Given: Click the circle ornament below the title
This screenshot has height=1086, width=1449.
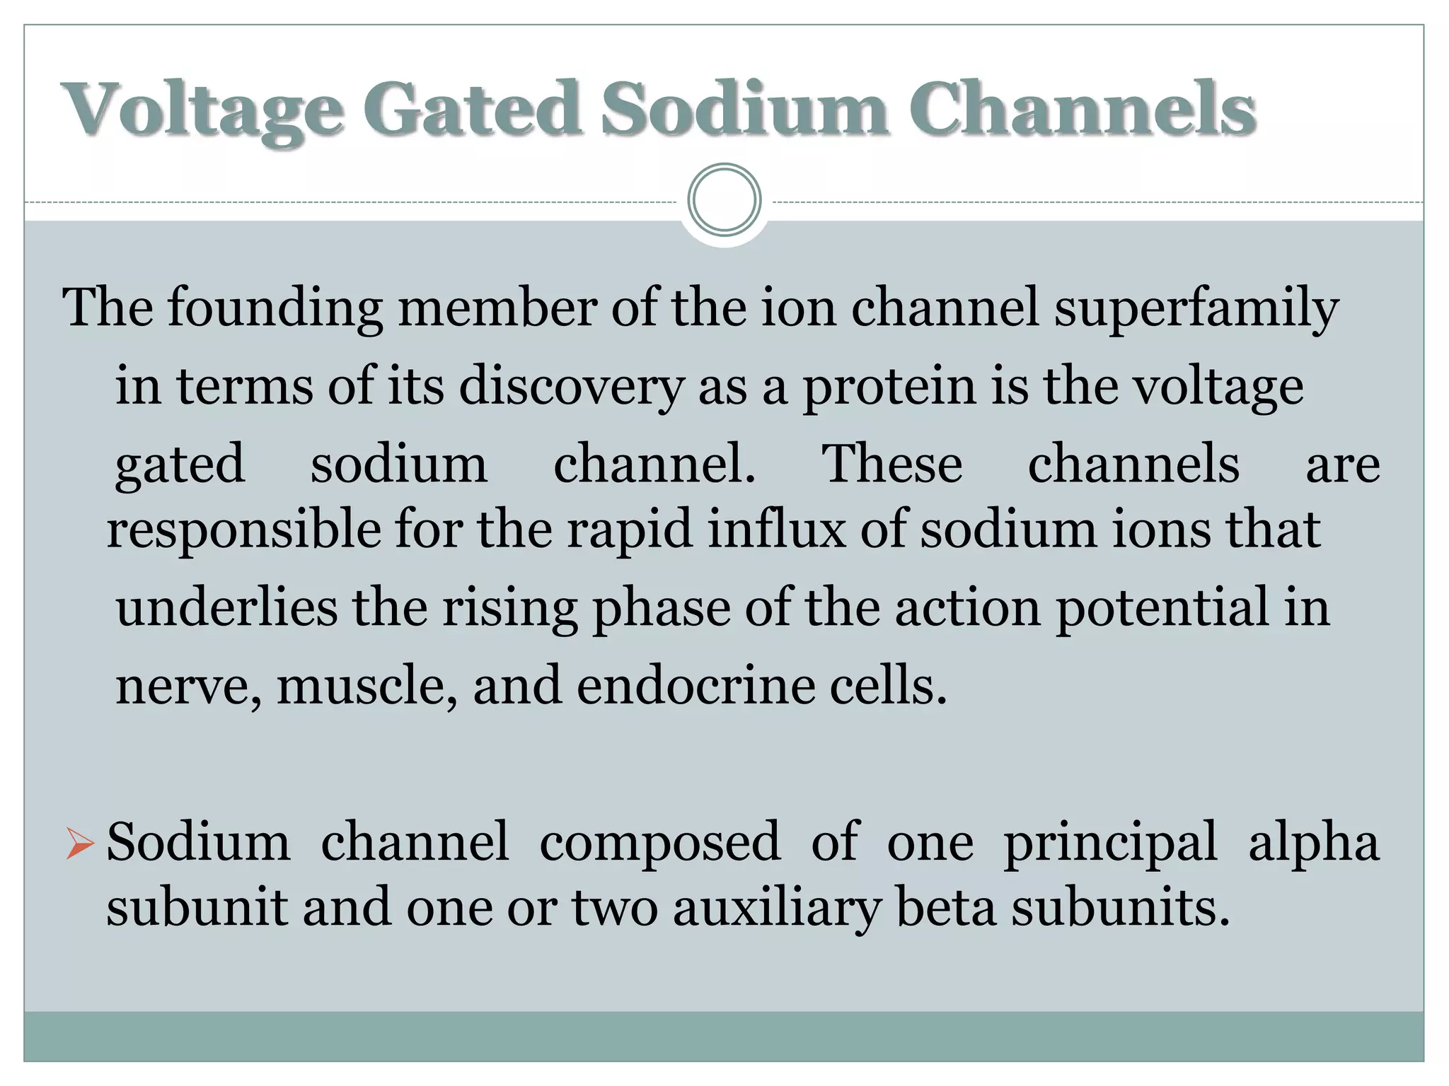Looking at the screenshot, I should [724, 200].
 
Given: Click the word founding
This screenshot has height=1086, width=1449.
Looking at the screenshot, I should [275, 310].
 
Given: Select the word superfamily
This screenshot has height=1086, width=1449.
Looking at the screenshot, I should [1196, 310].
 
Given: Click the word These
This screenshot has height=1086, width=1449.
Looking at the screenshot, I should [891, 464].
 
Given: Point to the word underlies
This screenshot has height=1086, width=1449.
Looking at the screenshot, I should [226, 608].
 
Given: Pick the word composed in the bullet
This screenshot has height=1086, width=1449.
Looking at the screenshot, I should [659, 843].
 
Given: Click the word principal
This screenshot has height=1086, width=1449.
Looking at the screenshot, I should [1110, 843].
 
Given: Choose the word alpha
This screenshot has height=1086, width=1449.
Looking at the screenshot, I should [1313, 843].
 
